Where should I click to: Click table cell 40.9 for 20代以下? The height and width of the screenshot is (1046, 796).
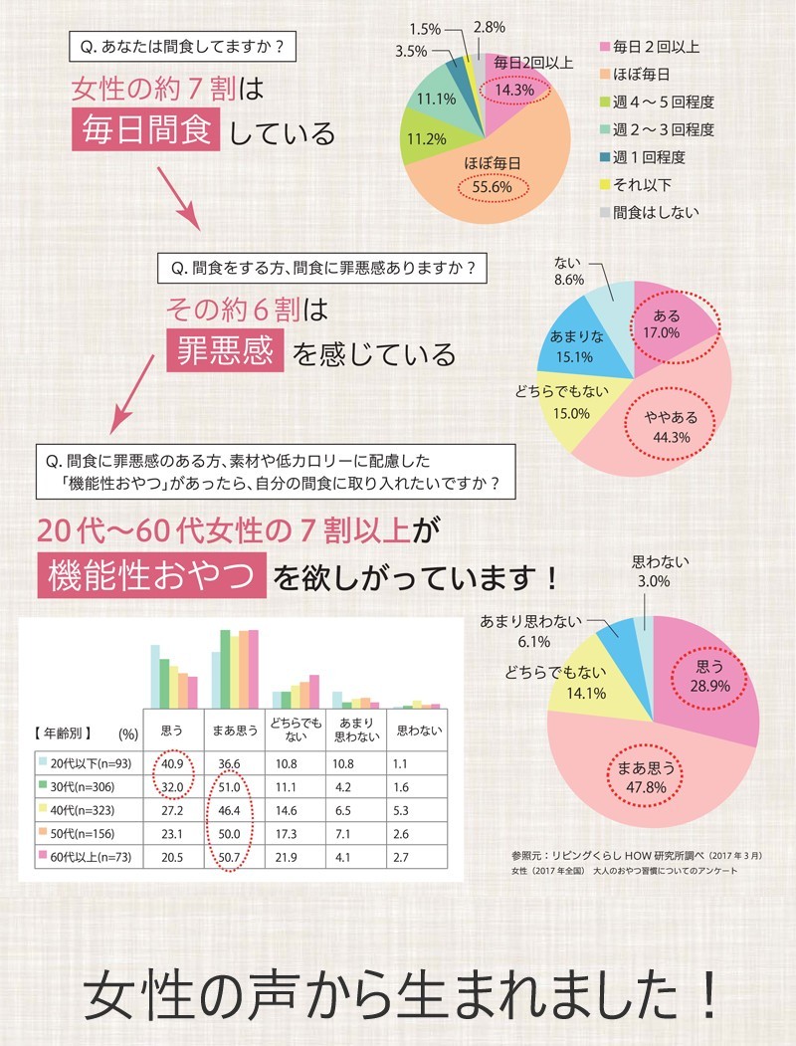[x=171, y=763]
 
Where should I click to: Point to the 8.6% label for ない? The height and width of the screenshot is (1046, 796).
[x=569, y=282]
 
